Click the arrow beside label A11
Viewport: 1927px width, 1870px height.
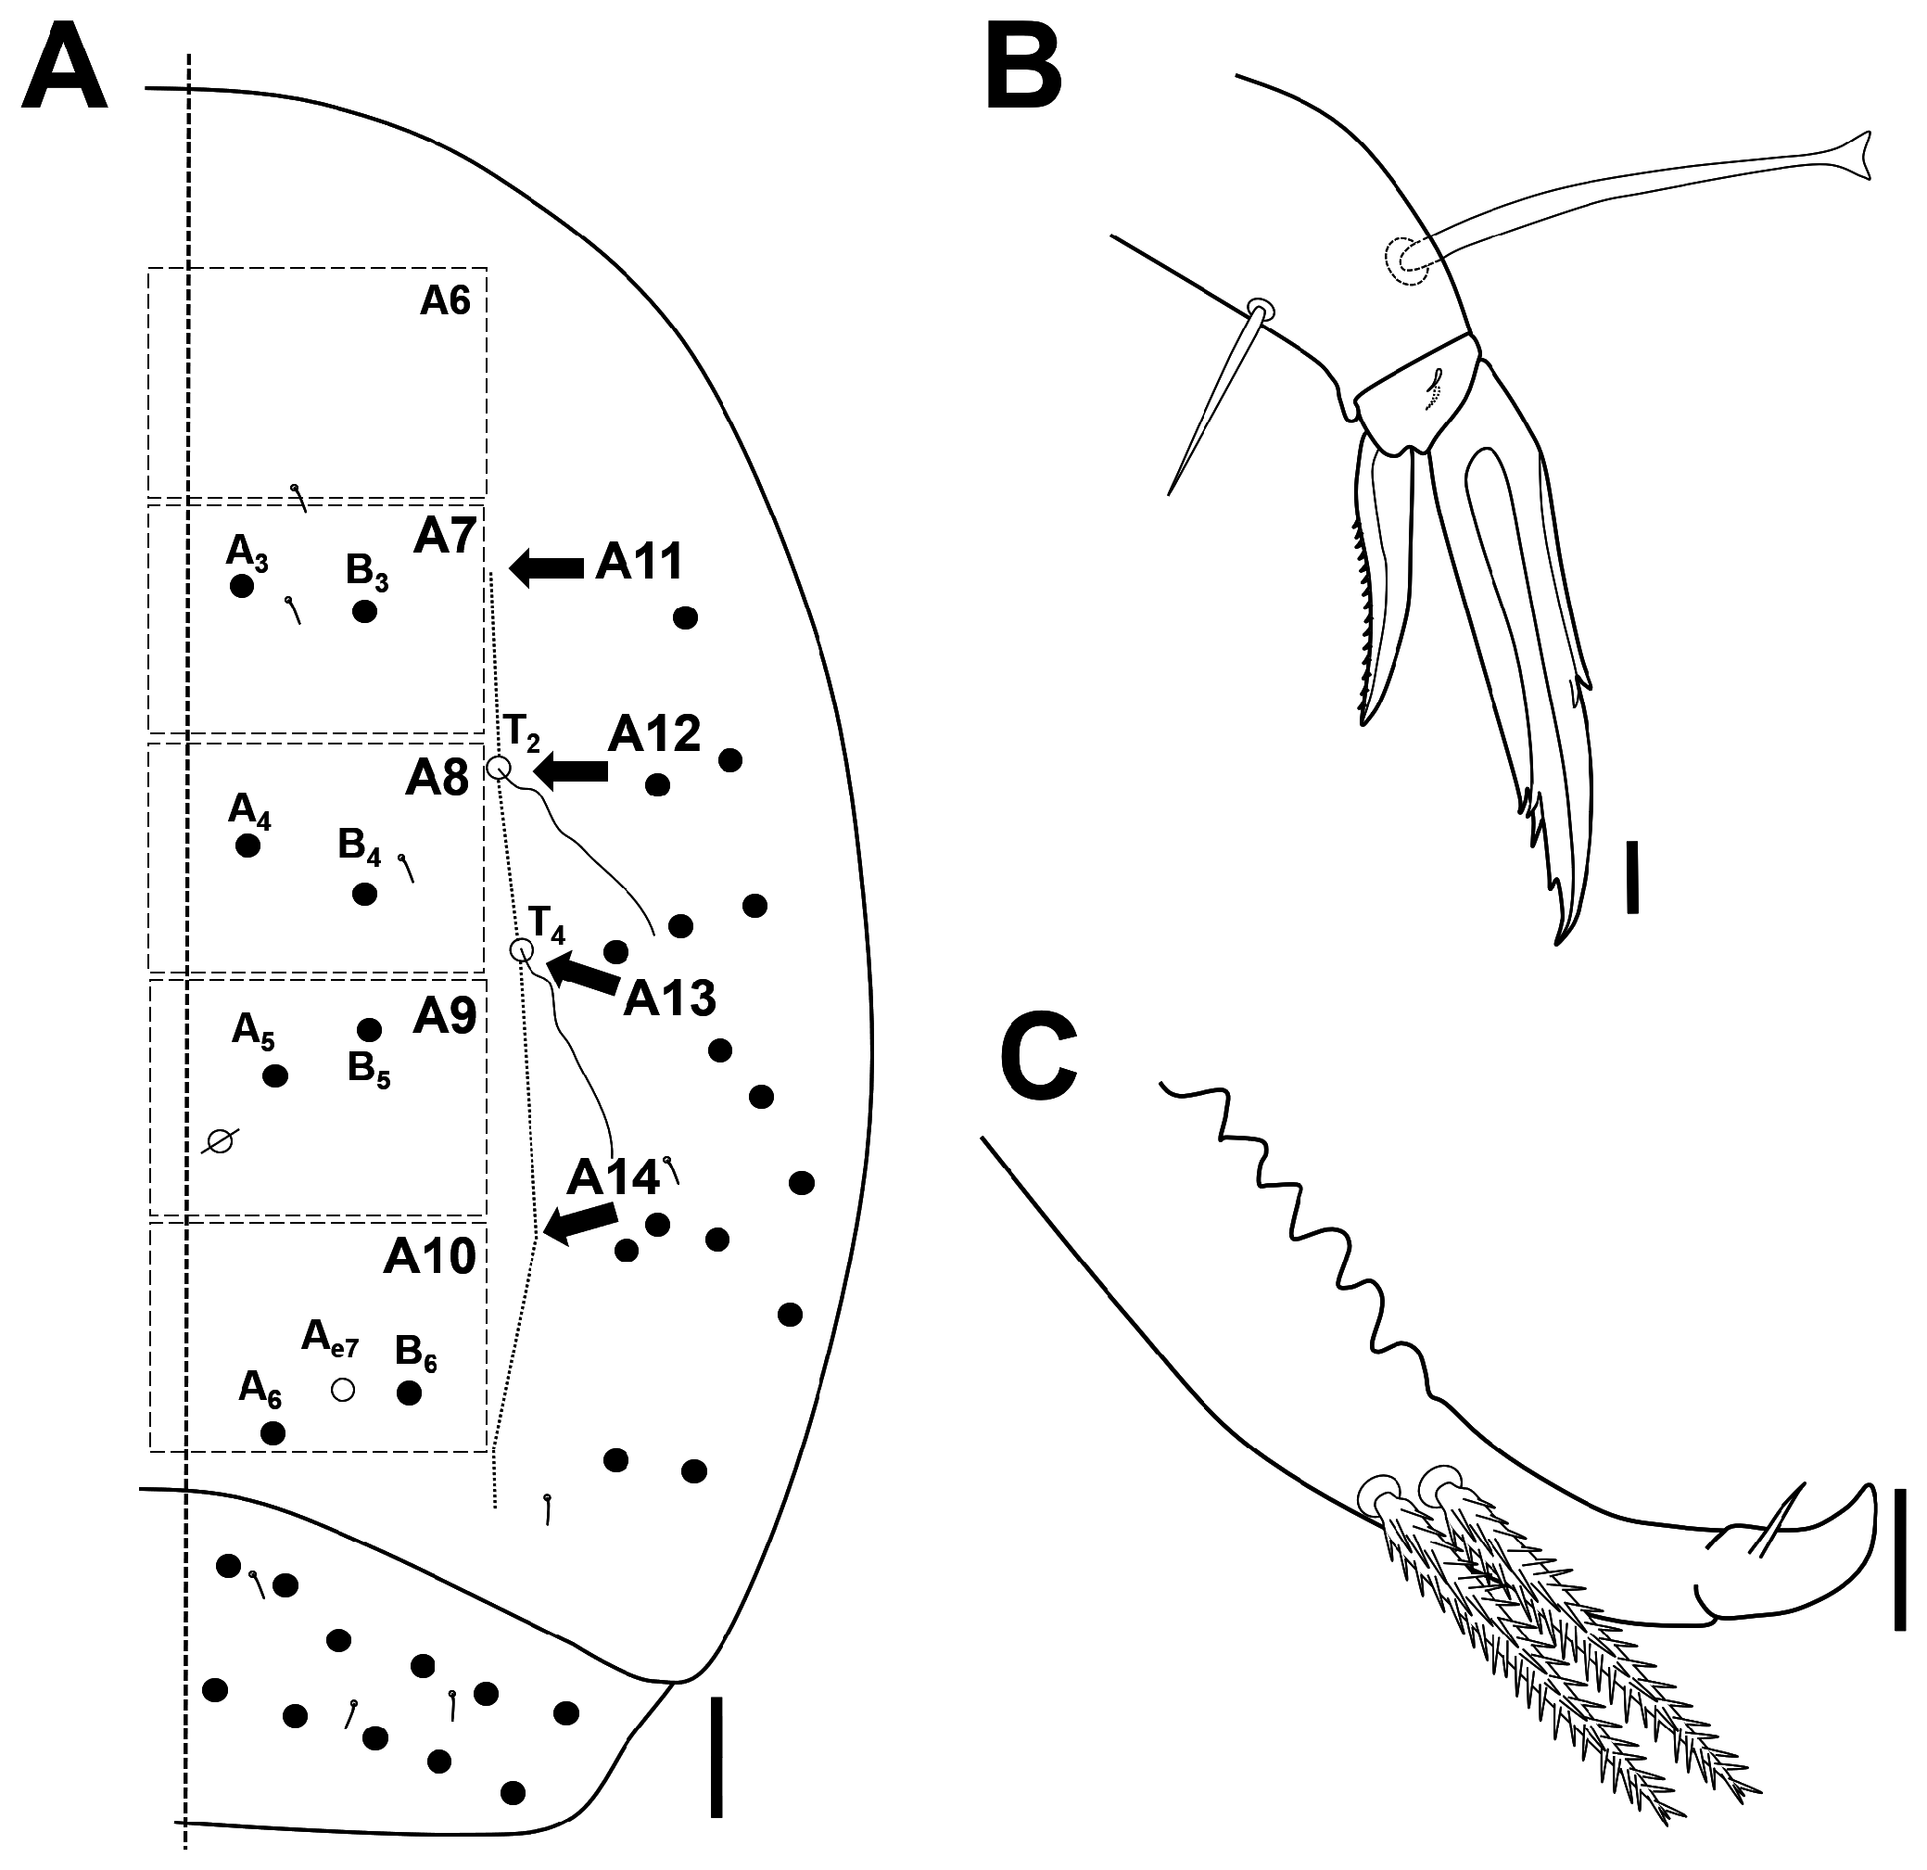click(x=547, y=567)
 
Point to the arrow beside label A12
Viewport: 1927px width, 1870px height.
click(x=569, y=770)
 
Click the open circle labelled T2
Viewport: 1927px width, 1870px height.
click(x=499, y=768)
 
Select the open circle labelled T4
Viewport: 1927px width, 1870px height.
click(x=522, y=949)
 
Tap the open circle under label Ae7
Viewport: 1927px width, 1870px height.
click(x=342, y=1389)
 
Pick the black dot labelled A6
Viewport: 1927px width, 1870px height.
click(x=273, y=1432)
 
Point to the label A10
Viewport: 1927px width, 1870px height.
click(x=430, y=1255)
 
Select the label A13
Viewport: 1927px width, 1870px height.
click(x=669, y=999)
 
